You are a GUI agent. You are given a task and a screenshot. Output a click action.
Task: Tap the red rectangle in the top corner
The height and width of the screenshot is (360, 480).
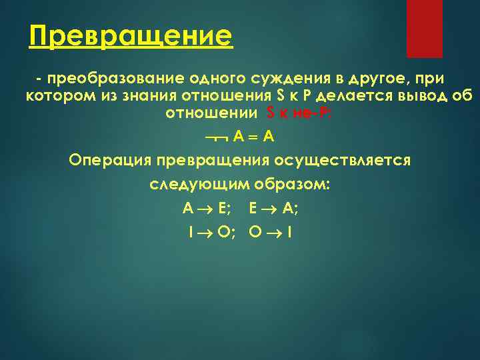click(425, 28)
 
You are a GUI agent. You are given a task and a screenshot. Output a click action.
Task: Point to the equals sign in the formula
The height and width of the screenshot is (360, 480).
click(253, 137)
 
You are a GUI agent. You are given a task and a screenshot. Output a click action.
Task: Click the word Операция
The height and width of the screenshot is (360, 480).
click(109, 160)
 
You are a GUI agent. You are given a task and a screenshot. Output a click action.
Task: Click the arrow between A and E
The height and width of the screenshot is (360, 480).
click(203, 209)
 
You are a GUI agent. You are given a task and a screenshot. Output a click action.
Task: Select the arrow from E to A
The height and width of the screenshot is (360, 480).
click(268, 209)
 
